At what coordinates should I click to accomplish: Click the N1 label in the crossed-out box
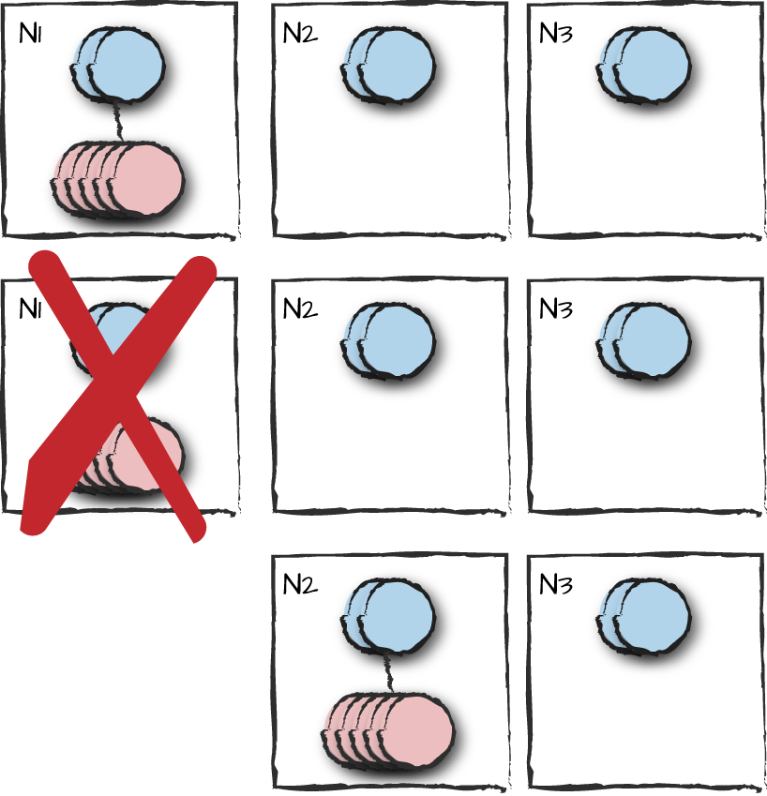click(x=30, y=308)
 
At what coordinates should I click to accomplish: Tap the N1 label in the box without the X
click(x=30, y=34)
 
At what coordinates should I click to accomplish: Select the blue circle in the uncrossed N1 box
click(x=118, y=66)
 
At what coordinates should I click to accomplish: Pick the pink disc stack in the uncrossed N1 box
click(x=118, y=180)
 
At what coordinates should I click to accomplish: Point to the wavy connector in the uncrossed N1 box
click(x=118, y=122)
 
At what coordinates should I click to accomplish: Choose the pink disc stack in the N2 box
click(x=387, y=731)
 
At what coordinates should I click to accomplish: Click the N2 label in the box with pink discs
click(x=300, y=584)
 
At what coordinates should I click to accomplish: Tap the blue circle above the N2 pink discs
click(x=388, y=616)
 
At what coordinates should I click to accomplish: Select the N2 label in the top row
click(x=300, y=34)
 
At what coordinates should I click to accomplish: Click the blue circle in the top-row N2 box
click(x=388, y=66)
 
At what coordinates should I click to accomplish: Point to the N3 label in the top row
click(x=556, y=34)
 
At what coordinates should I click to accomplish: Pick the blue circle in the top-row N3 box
click(x=643, y=66)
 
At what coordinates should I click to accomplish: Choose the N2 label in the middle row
click(x=300, y=308)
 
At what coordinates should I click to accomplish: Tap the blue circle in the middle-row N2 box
click(x=388, y=340)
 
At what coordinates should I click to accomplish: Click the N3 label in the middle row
click(x=556, y=308)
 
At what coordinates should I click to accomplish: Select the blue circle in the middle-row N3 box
click(x=643, y=340)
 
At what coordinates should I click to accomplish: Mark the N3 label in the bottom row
click(x=556, y=584)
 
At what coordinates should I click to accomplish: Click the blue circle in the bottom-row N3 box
click(x=643, y=616)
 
